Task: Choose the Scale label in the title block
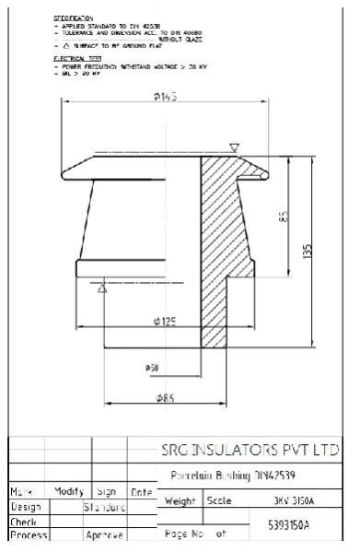pos(219,501)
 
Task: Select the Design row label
pos(25,506)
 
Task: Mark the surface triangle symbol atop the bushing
pos(235,147)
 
